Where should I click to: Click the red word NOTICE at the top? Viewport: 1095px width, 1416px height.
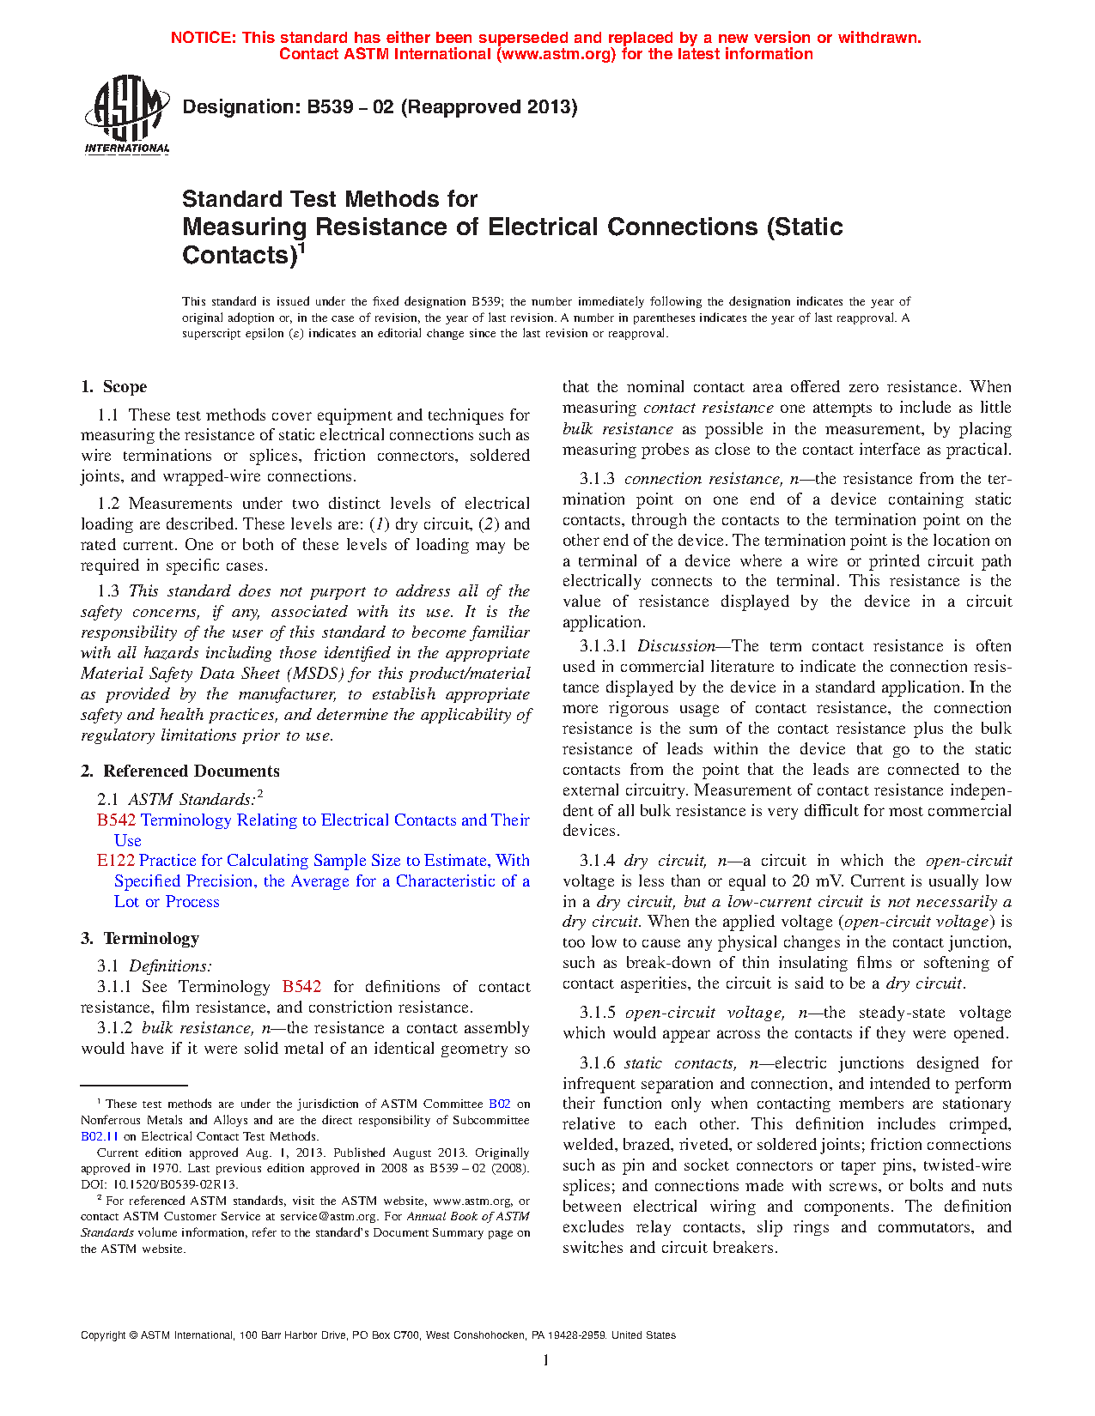(202, 38)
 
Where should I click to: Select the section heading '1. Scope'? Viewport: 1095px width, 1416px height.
(114, 387)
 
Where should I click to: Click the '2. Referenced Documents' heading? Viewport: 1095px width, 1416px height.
(180, 772)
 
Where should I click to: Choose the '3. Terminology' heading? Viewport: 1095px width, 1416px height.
(140, 939)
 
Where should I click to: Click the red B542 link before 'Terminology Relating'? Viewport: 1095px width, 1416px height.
(116, 820)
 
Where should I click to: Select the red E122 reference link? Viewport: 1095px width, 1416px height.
(115, 861)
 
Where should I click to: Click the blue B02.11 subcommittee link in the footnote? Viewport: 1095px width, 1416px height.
(99, 1136)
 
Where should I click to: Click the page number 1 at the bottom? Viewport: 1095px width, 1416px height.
(546, 1360)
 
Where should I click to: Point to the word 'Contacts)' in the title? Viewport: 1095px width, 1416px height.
(239, 256)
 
